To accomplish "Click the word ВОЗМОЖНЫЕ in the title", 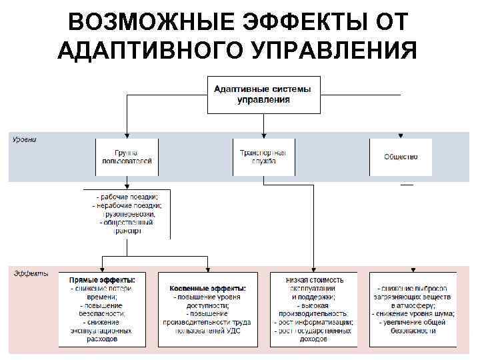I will (139, 22).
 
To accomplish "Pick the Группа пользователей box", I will (127, 157).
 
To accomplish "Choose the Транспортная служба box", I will (263, 157).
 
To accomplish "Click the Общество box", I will (401, 157).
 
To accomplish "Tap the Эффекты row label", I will (31, 274).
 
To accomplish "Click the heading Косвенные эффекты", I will (208, 288).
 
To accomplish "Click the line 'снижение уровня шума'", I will (414, 313).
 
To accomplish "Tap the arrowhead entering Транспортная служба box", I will (263, 135).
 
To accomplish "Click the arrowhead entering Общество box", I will (401, 135).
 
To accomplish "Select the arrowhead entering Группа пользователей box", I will (127, 135).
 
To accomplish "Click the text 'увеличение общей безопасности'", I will (414, 326).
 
